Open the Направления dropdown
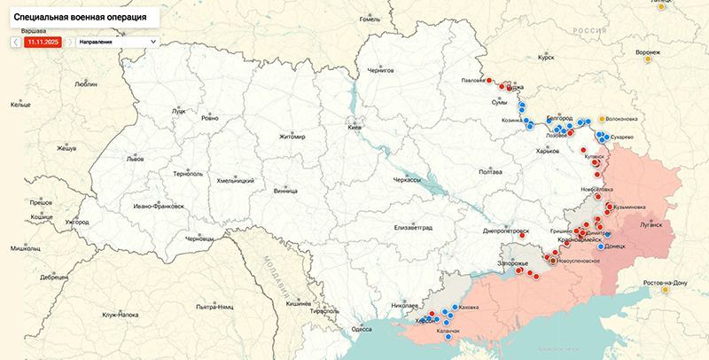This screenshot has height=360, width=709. click(117, 41)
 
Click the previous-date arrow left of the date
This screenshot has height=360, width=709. click(16, 41)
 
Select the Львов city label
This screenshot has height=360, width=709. click(135, 159)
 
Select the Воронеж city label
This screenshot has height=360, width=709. click(647, 52)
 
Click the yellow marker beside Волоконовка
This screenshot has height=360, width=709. click(601, 118)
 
